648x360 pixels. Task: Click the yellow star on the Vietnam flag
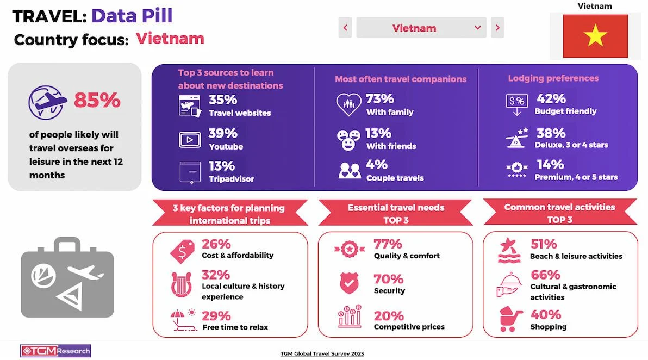(595, 36)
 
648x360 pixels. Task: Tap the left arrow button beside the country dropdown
(345, 28)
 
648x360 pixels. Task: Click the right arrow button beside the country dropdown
(497, 28)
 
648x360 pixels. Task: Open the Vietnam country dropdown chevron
(478, 28)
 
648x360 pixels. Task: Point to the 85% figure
(97, 100)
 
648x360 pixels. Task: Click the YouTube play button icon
(190, 140)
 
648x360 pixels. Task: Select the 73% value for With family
(379, 99)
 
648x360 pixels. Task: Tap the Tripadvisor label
(231, 178)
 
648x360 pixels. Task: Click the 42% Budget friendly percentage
(551, 99)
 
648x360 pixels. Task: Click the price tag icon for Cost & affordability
(182, 252)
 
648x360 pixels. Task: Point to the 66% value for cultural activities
(545, 275)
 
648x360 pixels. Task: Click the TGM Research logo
(55, 351)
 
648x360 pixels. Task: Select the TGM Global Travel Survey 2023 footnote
(322, 353)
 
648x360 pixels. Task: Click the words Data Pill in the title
(132, 16)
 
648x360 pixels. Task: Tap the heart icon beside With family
(348, 104)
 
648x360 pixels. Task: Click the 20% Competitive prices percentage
(388, 316)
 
